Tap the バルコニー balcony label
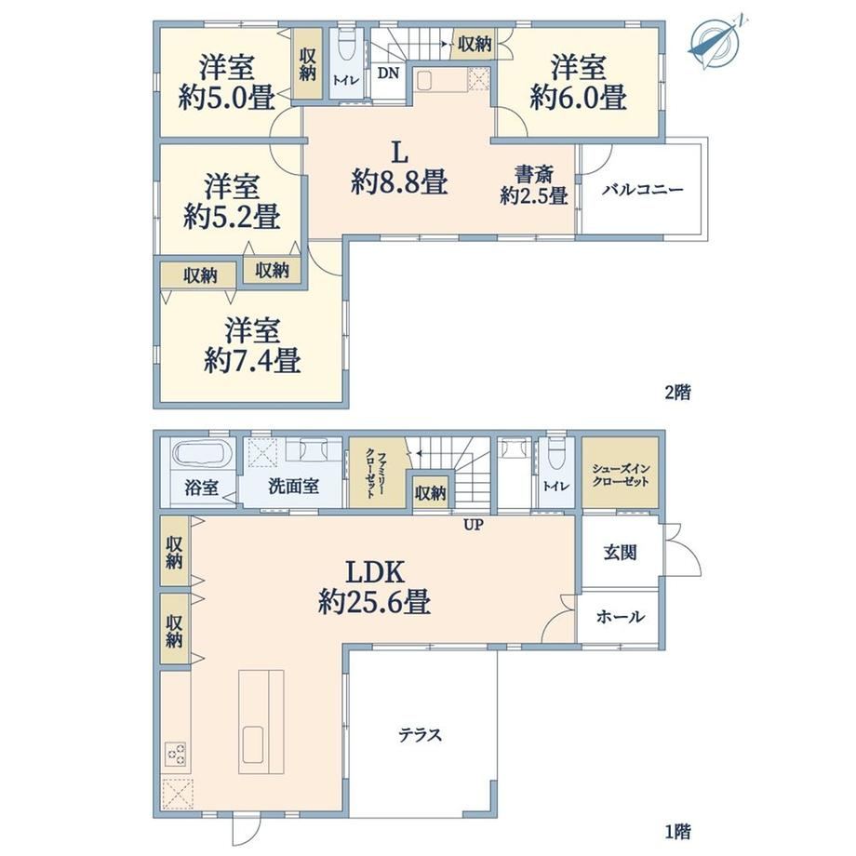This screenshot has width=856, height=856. (643, 190)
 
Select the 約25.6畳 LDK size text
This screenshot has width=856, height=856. (374, 602)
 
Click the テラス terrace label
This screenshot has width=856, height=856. (420, 735)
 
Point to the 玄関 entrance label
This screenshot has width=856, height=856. (620, 553)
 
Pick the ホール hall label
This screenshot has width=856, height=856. (621, 617)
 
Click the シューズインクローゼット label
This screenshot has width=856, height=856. (621, 475)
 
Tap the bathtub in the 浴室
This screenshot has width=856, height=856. (202, 454)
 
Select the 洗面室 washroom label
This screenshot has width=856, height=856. (294, 486)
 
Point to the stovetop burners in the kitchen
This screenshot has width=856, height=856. (176, 755)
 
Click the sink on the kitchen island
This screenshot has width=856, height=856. (254, 744)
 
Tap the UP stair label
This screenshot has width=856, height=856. (474, 525)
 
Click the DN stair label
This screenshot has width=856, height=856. (388, 74)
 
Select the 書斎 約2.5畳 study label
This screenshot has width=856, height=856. (534, 185)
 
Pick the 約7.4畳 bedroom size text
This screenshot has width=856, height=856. (251, 360)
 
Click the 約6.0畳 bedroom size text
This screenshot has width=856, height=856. (578, 97)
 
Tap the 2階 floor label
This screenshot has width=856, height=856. (677, 392)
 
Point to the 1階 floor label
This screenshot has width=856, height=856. (677, 832)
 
